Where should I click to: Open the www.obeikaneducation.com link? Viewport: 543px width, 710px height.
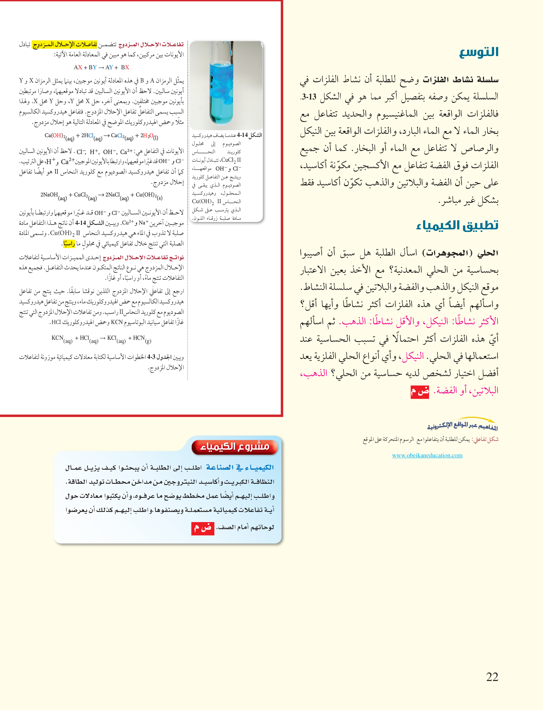click(x=427, y=455)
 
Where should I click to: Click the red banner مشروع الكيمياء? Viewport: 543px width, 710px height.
click(x=235, y=447)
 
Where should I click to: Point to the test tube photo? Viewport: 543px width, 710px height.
click(x=226, y=85)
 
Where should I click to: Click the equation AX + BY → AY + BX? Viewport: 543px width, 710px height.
click(x=102, y=67)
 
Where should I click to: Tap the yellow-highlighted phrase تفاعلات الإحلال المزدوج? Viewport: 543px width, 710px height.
click(x=65, y=44)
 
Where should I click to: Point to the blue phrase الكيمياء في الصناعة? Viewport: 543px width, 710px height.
click(x=240, y=467)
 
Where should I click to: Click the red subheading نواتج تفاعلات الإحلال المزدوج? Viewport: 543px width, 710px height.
click(x=143, y=258)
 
